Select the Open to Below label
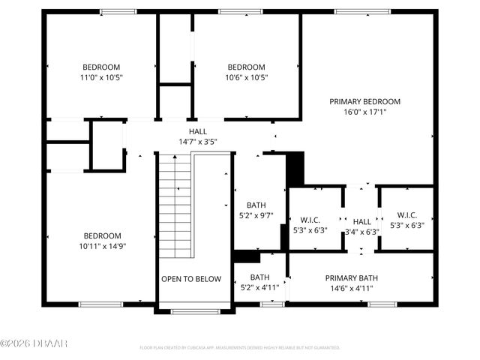click(x=191, y=279)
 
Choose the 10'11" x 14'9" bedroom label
click(x=102, y=235)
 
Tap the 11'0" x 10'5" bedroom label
click(x=101, y=67)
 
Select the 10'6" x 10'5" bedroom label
click(x=247, y=67)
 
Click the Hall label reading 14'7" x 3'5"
click(x=198, y=131)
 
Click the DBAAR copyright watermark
click(x=34, y=344)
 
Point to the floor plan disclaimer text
click(x=240, y=348)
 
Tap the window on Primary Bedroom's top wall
click(x=357, y=11)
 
